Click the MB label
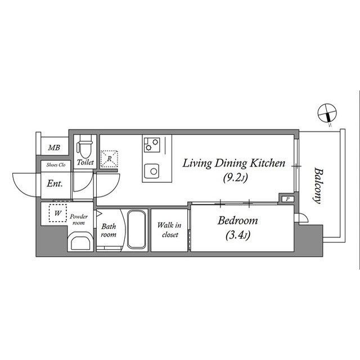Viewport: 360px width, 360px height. tap(54, 147)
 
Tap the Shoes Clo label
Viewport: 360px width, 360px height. tap(56, 165)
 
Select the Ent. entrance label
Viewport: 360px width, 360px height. tap(55, 183)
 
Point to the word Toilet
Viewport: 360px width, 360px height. tap(85, 163)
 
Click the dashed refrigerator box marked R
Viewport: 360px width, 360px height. tap(109, 159)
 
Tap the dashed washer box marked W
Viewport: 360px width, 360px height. tap(57, 213)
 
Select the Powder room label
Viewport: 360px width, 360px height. tap(79, 220)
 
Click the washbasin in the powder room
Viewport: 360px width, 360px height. tap(80, 241)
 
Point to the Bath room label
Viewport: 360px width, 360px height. tap(109, 230)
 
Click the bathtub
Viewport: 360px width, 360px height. tap(136, 229)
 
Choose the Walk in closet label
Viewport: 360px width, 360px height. tap(169, 229)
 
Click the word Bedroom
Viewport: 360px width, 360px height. tap(237, 220)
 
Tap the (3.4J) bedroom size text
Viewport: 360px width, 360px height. tap(237, 235)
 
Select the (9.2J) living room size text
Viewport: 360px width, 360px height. tap(236, 178)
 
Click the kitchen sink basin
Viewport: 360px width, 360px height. tap(151, 171)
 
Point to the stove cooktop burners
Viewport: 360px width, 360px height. tap(152, 145)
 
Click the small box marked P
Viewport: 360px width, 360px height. tap(287, 199)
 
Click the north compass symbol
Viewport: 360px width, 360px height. tap(327, 112)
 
